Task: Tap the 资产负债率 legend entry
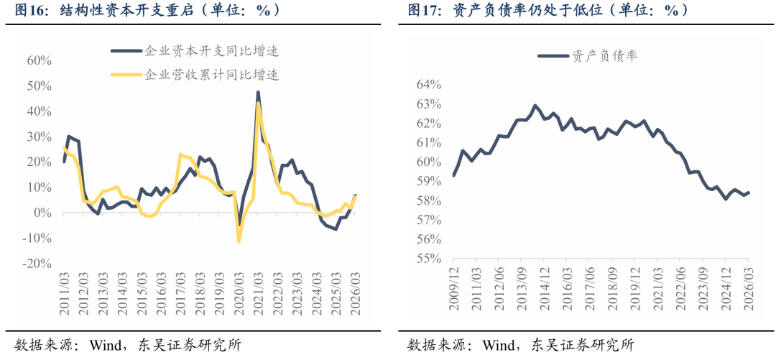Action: [x=588, y=55]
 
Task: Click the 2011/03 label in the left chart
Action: [x=65, y=292]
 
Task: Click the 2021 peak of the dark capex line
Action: [x=258, y=92]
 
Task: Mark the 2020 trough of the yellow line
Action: [x=239, y=241]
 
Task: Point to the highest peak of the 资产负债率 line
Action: [x=535, y=106]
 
